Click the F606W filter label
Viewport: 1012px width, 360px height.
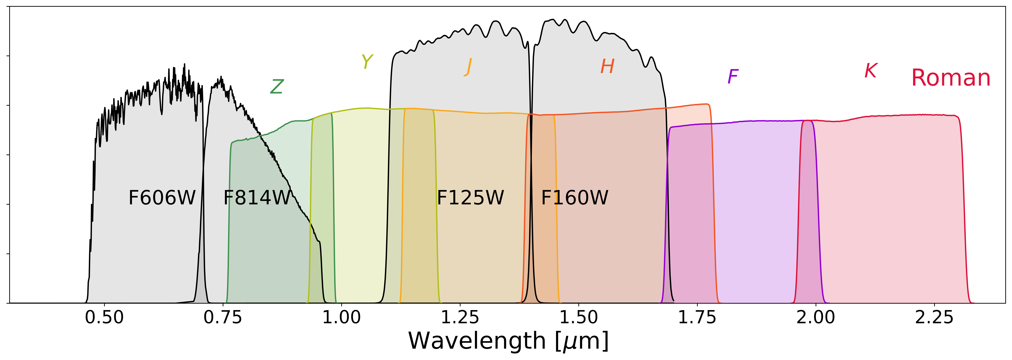coord(162,198)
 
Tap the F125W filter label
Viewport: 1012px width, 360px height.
coord(470,198)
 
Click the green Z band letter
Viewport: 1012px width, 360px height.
coord(277,86)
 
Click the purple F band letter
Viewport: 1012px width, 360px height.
coord(733,77)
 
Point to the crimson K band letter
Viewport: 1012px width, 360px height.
coord(871,71)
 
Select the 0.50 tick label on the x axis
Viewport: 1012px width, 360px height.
coord(104,317)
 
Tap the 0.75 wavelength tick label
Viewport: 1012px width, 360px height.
coord(223,317)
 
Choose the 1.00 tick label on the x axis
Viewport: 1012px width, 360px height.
coord(341,317)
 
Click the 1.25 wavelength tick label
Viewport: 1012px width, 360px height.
coord(460,317)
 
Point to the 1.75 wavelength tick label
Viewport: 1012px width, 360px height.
coord(697,317)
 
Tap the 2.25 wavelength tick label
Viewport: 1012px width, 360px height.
coord(934,317)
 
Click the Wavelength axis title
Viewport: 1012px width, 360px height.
coord(508,341)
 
